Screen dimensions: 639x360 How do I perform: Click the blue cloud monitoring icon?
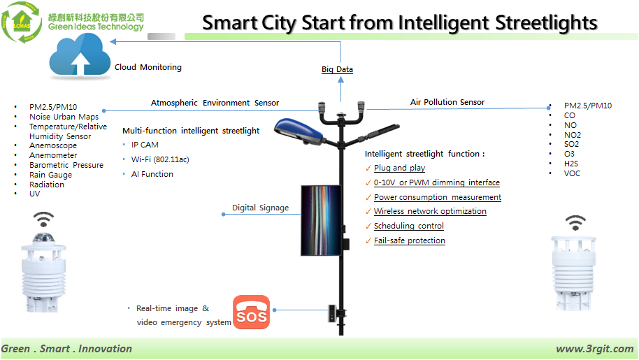80,55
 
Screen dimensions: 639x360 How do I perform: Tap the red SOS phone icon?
252,312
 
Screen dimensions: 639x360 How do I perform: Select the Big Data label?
337,69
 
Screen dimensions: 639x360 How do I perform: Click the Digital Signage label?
260,208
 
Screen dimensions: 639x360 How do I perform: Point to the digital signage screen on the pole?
321,220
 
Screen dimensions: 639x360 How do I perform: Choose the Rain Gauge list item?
50,175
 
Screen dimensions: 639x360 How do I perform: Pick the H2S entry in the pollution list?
571,164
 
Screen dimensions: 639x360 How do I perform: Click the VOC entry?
572,173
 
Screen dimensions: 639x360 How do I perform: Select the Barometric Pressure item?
66,165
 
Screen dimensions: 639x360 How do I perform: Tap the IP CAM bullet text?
145,145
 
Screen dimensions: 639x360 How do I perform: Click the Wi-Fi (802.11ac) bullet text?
160,159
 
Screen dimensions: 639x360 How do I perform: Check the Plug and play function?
399,168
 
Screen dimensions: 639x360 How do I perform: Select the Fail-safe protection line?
410,240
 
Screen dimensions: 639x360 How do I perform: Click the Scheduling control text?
409,226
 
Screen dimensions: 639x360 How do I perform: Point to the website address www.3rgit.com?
595,349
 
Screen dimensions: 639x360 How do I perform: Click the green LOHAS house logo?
22,22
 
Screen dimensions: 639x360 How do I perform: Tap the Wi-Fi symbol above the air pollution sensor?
575,223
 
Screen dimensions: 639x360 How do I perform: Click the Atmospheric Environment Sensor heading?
215,103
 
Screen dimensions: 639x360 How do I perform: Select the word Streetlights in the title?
546,23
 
